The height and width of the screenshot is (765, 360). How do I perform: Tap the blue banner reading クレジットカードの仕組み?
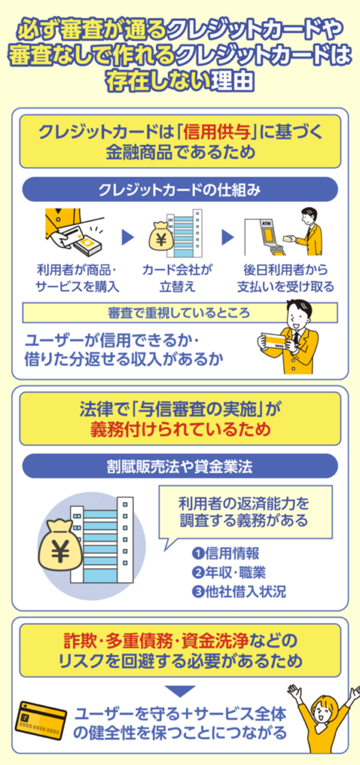click(x=180, y=190)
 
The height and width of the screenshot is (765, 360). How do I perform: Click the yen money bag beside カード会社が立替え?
click(x=162, y=238)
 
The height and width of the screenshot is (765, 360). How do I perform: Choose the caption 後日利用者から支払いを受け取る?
click(x=288, y=277)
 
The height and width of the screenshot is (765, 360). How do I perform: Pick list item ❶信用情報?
click(x=226, y=554)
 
